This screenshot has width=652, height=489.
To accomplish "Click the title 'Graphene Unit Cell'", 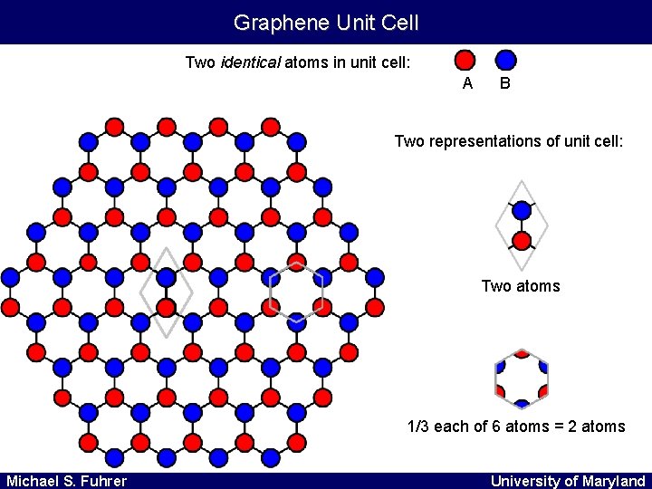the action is pos(326,22).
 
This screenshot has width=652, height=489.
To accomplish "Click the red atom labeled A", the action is pos(464,60).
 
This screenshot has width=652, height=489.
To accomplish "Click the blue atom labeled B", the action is pos(505,60).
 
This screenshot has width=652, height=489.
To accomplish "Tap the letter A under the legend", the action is pos(467,83).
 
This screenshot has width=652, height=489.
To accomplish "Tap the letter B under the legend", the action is pos(505,83).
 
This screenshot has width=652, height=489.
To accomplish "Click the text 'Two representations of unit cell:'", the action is pos(509,141).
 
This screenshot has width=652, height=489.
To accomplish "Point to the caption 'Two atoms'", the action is pos(521,286).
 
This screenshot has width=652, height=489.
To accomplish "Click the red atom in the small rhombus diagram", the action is pos(522,241).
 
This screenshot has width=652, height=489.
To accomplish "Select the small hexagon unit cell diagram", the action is pos(522,379).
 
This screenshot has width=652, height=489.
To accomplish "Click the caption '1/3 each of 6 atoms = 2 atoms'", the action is pos(516,426).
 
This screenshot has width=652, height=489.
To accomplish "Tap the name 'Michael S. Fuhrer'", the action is pos(66,480).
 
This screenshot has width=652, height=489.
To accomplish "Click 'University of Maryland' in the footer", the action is pos(568,480).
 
